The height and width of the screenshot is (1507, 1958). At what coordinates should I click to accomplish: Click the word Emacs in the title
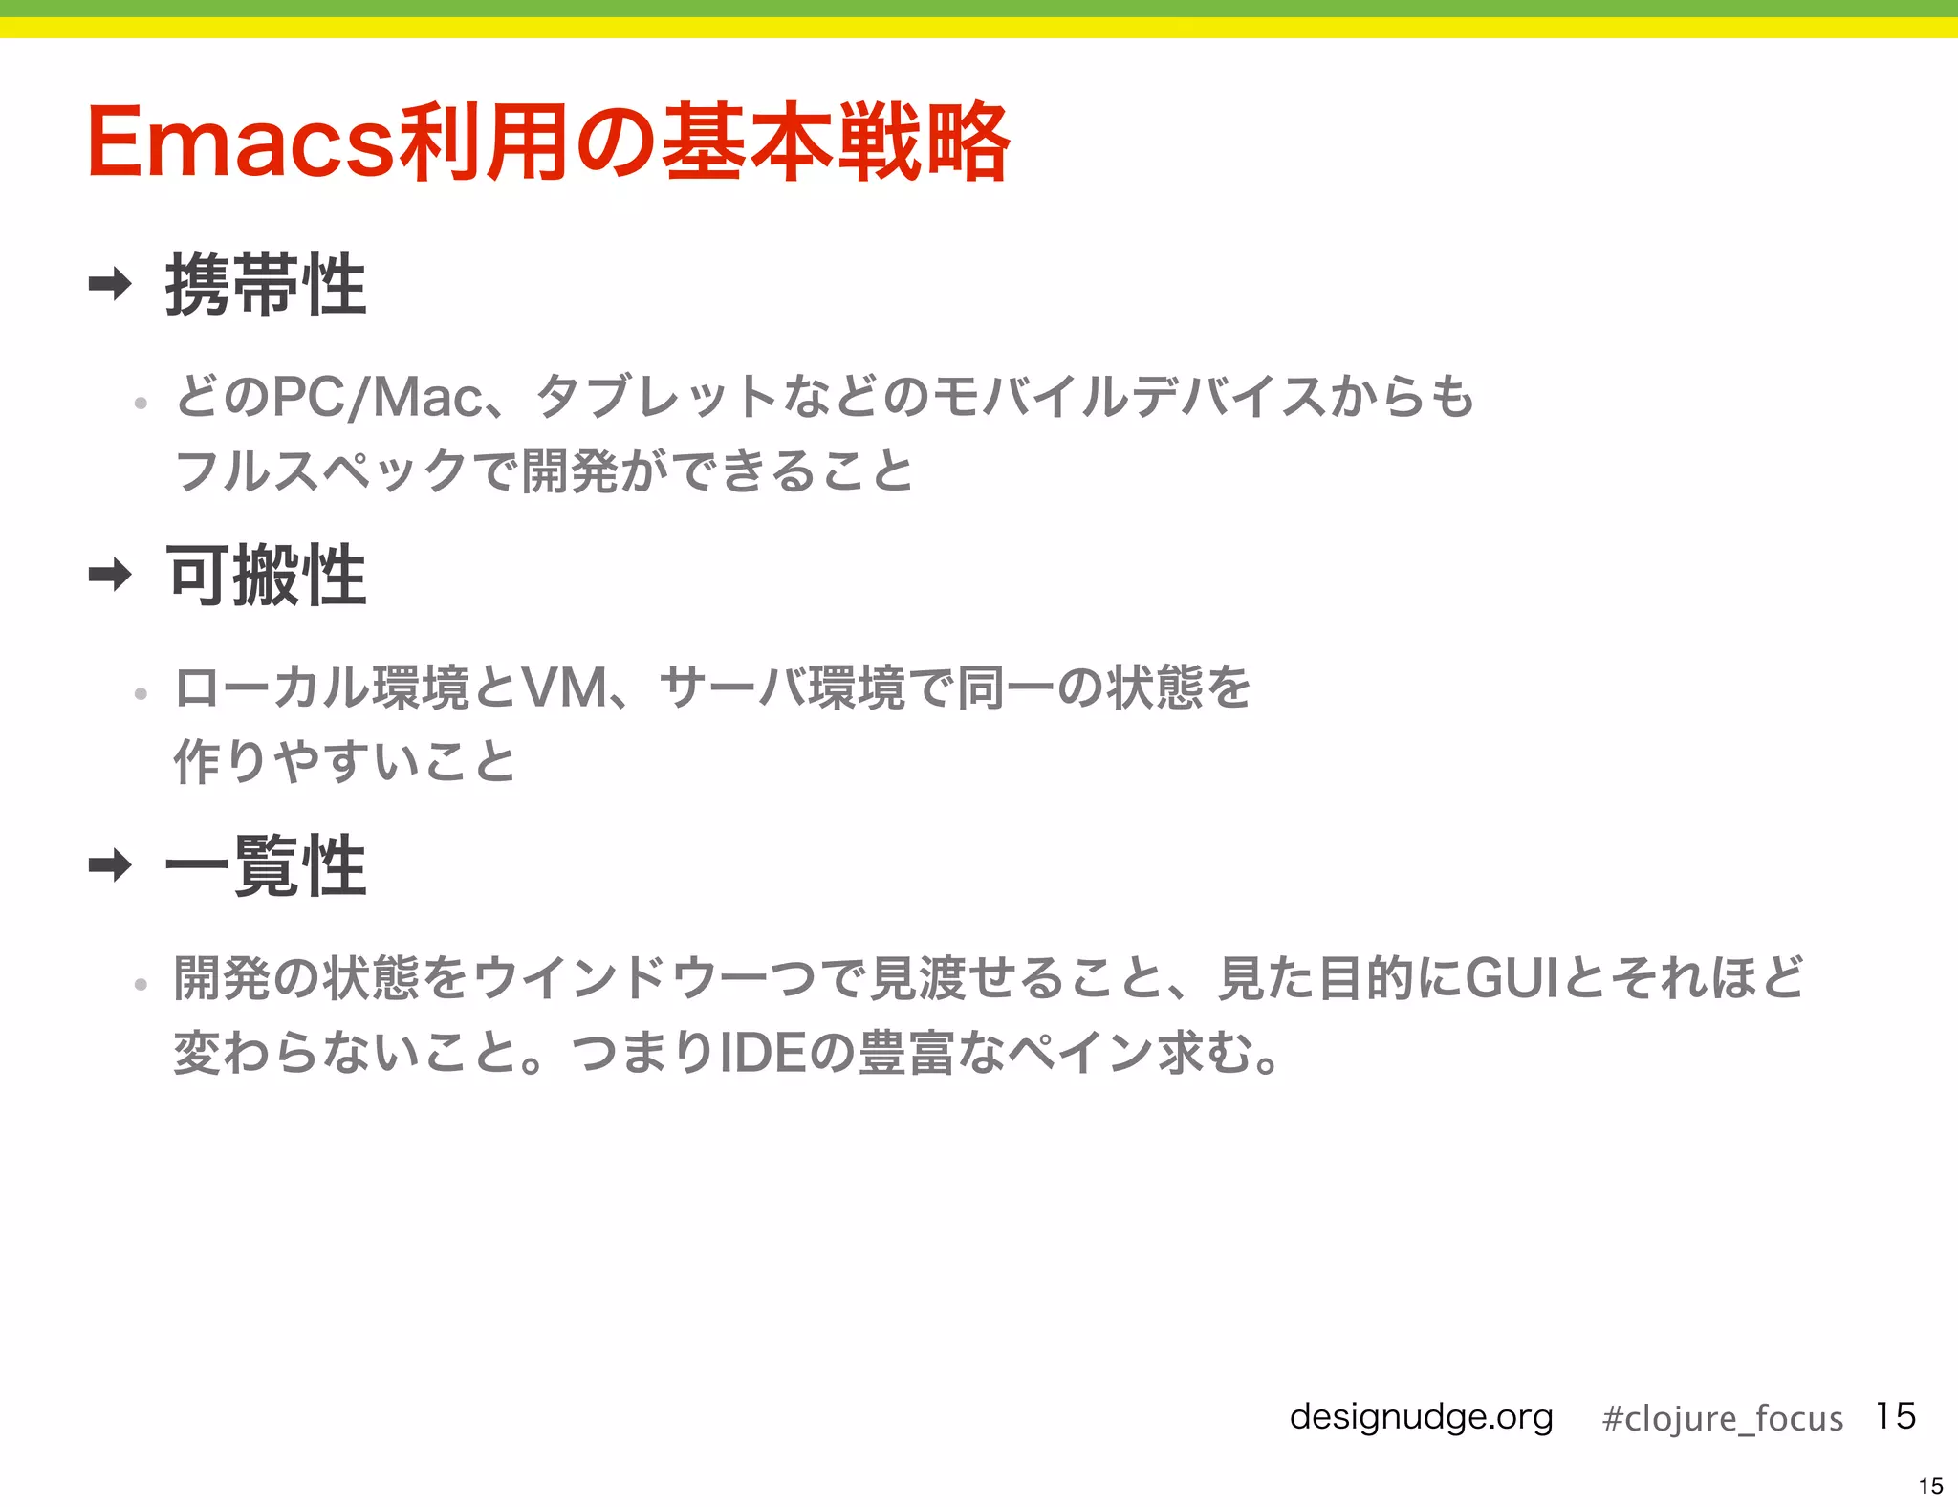239,143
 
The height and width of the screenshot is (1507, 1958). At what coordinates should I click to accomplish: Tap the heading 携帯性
266,285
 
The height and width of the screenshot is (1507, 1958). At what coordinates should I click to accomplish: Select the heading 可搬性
266,576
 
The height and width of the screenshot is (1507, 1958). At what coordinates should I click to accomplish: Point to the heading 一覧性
266,866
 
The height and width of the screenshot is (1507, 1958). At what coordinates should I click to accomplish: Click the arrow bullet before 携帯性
110,284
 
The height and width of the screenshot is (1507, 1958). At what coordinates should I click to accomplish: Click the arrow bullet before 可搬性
110,575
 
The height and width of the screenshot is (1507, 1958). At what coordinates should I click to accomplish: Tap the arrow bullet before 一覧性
110,865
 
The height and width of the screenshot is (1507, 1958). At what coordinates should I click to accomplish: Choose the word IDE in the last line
760,1053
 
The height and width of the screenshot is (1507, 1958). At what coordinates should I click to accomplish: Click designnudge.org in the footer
1421,1417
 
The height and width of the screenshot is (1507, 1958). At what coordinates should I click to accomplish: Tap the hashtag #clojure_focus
1722,1418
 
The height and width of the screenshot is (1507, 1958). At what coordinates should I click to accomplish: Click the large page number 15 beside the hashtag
1896,1416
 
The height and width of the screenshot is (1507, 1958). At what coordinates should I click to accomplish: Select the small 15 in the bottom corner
1930,1486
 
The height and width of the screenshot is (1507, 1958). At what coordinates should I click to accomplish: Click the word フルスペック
321,471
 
